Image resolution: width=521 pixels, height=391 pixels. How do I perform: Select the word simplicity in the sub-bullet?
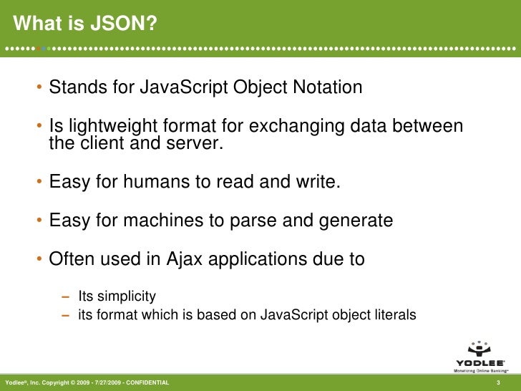pyautogui.click(x=126, y=296)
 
